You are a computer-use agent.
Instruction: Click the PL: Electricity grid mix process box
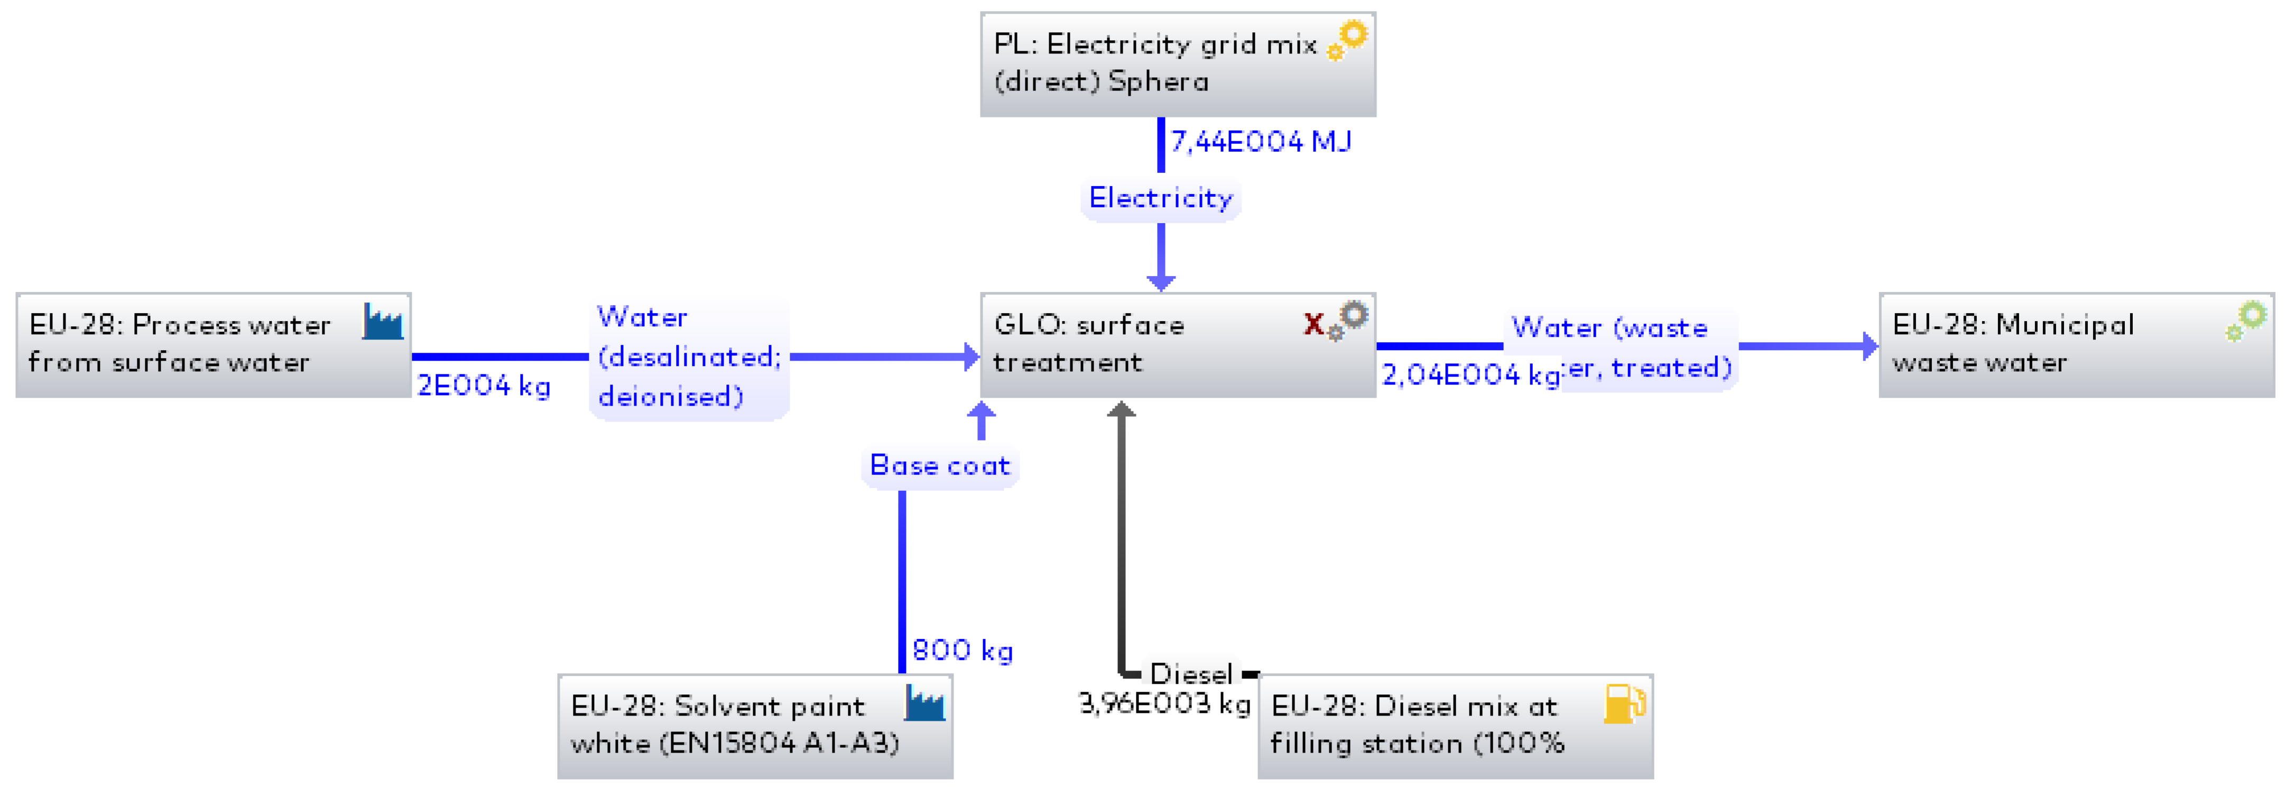[x=1177, y=64]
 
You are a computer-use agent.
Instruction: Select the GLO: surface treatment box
[x=1177, y=344]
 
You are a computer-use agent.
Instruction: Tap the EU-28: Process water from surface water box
[x=213, y=344]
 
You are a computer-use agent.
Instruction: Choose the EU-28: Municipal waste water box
[x=2076, y=344]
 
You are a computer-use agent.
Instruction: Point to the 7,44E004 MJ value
[x=1261, y=142]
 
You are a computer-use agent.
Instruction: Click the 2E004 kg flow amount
[x=484, y=386]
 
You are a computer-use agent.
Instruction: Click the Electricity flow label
[x=1160, y=198]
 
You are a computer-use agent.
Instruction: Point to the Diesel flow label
[x=1190, y=674]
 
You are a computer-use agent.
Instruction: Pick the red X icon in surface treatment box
[x=1313, y=323]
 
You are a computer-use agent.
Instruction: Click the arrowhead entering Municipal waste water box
[x=1870, y=346]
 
